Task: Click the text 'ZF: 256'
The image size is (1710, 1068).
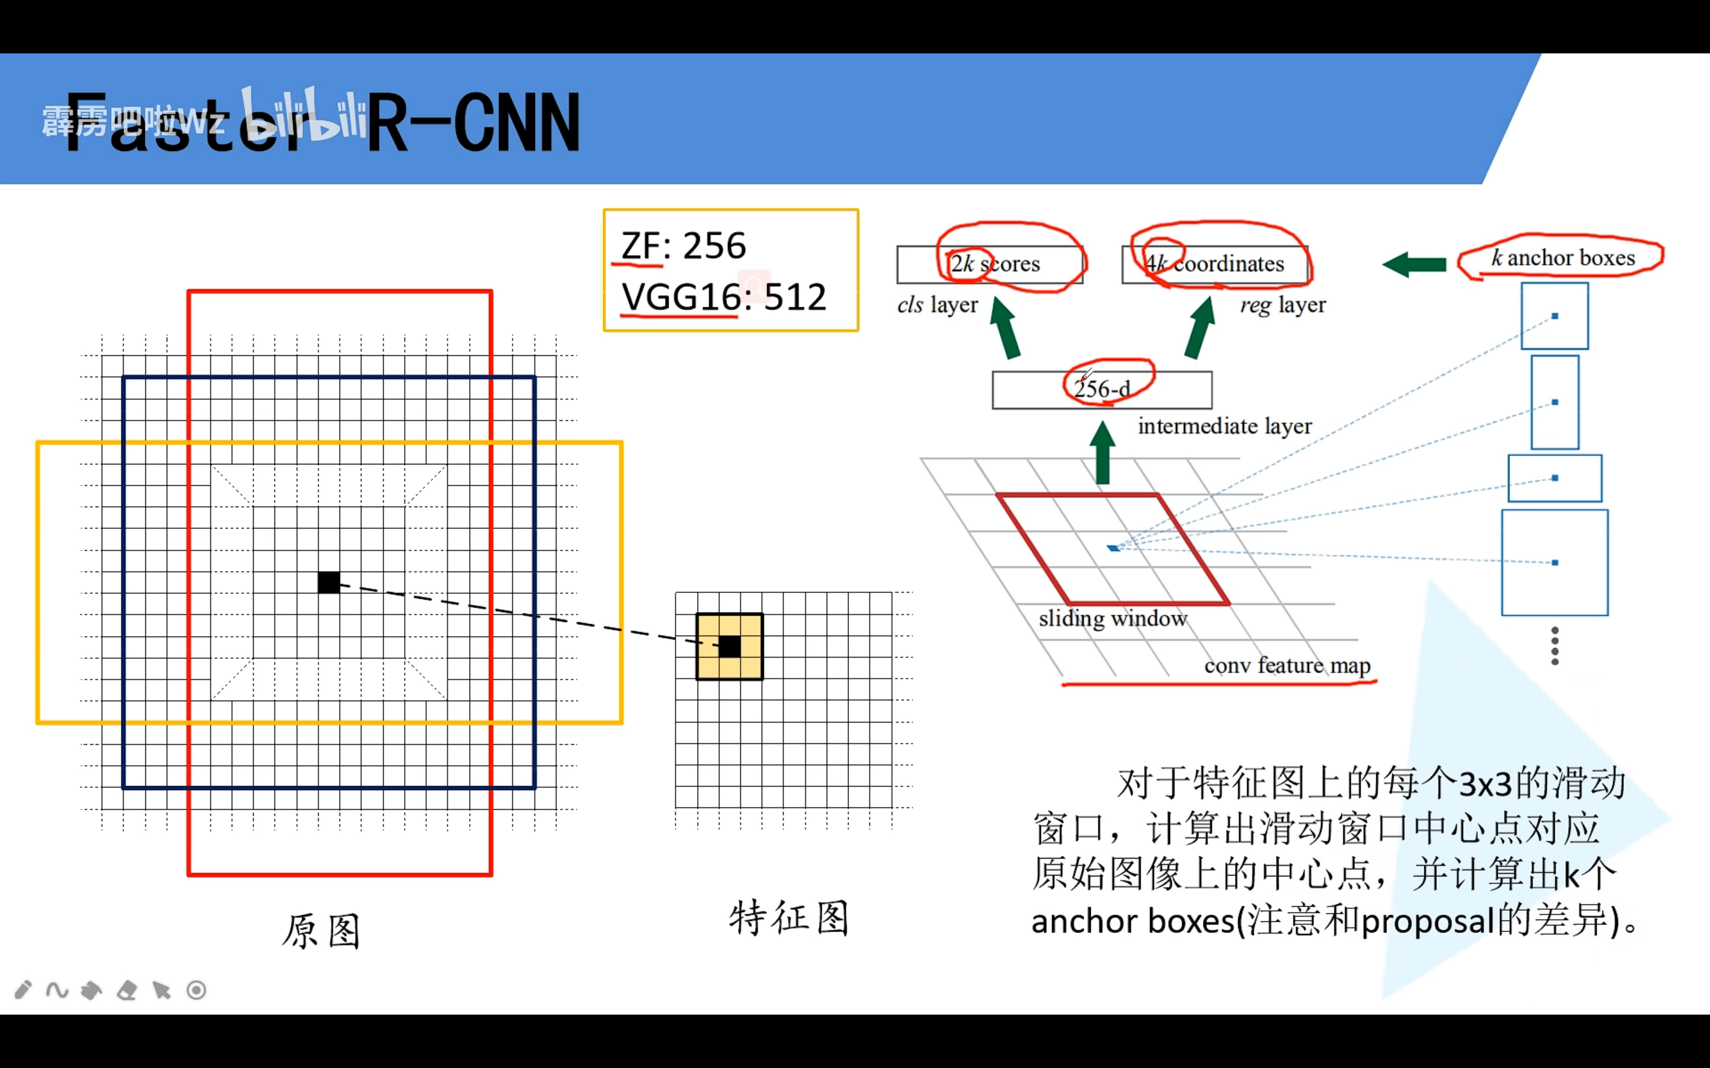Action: (683, 246)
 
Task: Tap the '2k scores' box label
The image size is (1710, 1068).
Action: (995, 264)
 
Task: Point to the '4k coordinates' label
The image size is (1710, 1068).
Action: (1215, 264)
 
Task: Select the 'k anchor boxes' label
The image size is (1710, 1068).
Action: (1563, 258)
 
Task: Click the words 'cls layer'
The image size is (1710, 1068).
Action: (937, 305)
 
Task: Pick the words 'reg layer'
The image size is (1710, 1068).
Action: (1282, 305)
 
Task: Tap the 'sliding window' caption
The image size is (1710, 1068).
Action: (1113, 619)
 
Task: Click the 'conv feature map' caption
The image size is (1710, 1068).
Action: (1287, 665)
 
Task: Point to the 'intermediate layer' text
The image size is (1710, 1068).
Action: (1224, 426)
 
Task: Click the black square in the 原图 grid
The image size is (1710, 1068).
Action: (328, 583)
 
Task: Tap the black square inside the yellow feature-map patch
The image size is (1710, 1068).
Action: (730, 646)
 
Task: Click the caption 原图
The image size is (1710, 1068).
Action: (321, 931)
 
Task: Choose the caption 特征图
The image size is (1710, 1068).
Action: (788, 918)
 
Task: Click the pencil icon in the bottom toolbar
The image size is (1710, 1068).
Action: (23, 990)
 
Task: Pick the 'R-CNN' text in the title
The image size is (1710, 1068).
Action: (473, 123)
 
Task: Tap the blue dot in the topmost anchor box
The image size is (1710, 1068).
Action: (1554, 316)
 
